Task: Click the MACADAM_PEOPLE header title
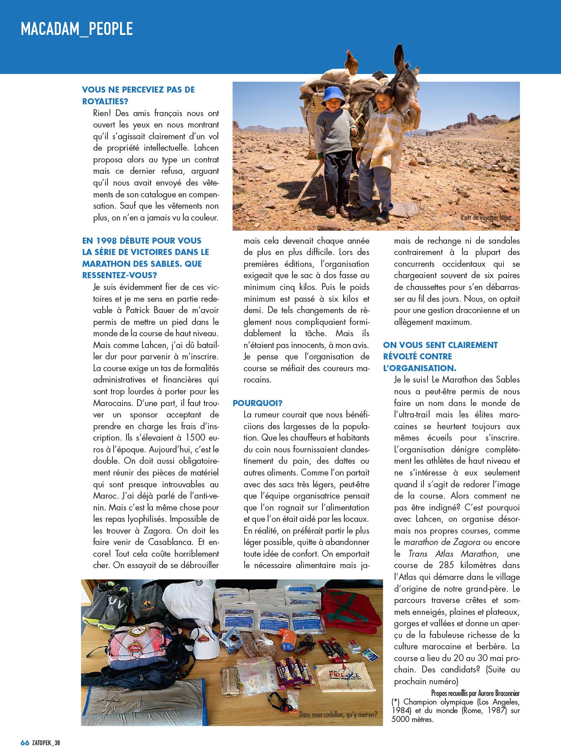coord(77,29)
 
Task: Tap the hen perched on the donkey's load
coord(351,61)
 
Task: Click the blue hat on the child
coord(333,96)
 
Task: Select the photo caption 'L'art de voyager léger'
coord(486,218)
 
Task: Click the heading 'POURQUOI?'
coord(258,403)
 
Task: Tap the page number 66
coord(25,742)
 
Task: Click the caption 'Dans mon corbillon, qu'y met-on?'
coord(338,714)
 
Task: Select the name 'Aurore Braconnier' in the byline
coord(499,693)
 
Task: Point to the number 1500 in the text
coord(196,438)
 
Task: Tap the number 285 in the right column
coord(446,565)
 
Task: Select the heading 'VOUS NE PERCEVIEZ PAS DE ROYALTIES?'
coord(138,95)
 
